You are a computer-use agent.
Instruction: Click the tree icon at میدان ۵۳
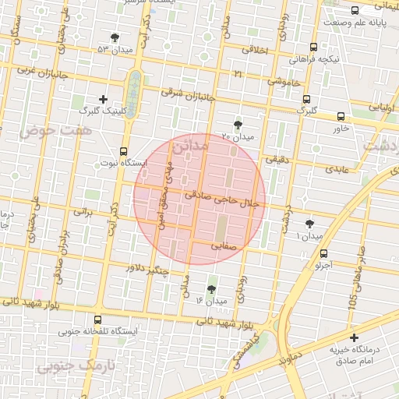coord(115,37)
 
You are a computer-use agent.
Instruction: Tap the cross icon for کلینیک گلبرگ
coord(104,99)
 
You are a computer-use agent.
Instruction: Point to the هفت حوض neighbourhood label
coord(59,130)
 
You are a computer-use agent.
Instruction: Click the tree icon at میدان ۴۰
coord(238,125)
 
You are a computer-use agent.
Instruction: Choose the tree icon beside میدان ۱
coord(310,223)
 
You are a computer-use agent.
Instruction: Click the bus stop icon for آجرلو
coord(323,253)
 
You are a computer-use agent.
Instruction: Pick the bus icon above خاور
coord(341,116)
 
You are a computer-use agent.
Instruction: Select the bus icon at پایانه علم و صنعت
coord(355,11)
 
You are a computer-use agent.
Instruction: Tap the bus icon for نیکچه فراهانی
coord(313,47)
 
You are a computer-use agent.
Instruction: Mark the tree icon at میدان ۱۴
coord(211,289)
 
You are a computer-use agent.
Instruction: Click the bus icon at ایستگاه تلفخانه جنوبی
coord(97,320)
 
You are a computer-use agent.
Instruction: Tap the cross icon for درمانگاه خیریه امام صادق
coord(354,338)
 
